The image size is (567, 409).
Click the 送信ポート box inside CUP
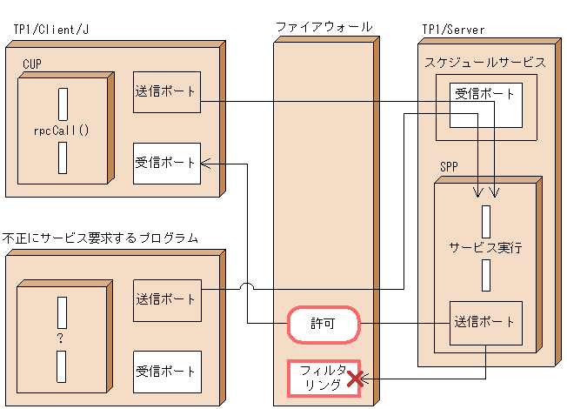167,91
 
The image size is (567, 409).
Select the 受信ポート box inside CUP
167,163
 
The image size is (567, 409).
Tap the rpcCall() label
63,131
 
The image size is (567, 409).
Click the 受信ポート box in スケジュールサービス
485,105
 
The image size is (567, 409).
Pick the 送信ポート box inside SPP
485,322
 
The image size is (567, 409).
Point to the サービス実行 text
485,246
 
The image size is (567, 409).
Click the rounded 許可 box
324,325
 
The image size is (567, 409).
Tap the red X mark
354,379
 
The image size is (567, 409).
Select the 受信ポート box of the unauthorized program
167,372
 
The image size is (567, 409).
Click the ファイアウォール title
324,28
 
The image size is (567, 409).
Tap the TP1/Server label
452,30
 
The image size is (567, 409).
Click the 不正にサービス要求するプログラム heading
100,238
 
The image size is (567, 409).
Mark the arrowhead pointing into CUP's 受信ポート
205,163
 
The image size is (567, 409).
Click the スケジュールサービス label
485,63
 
